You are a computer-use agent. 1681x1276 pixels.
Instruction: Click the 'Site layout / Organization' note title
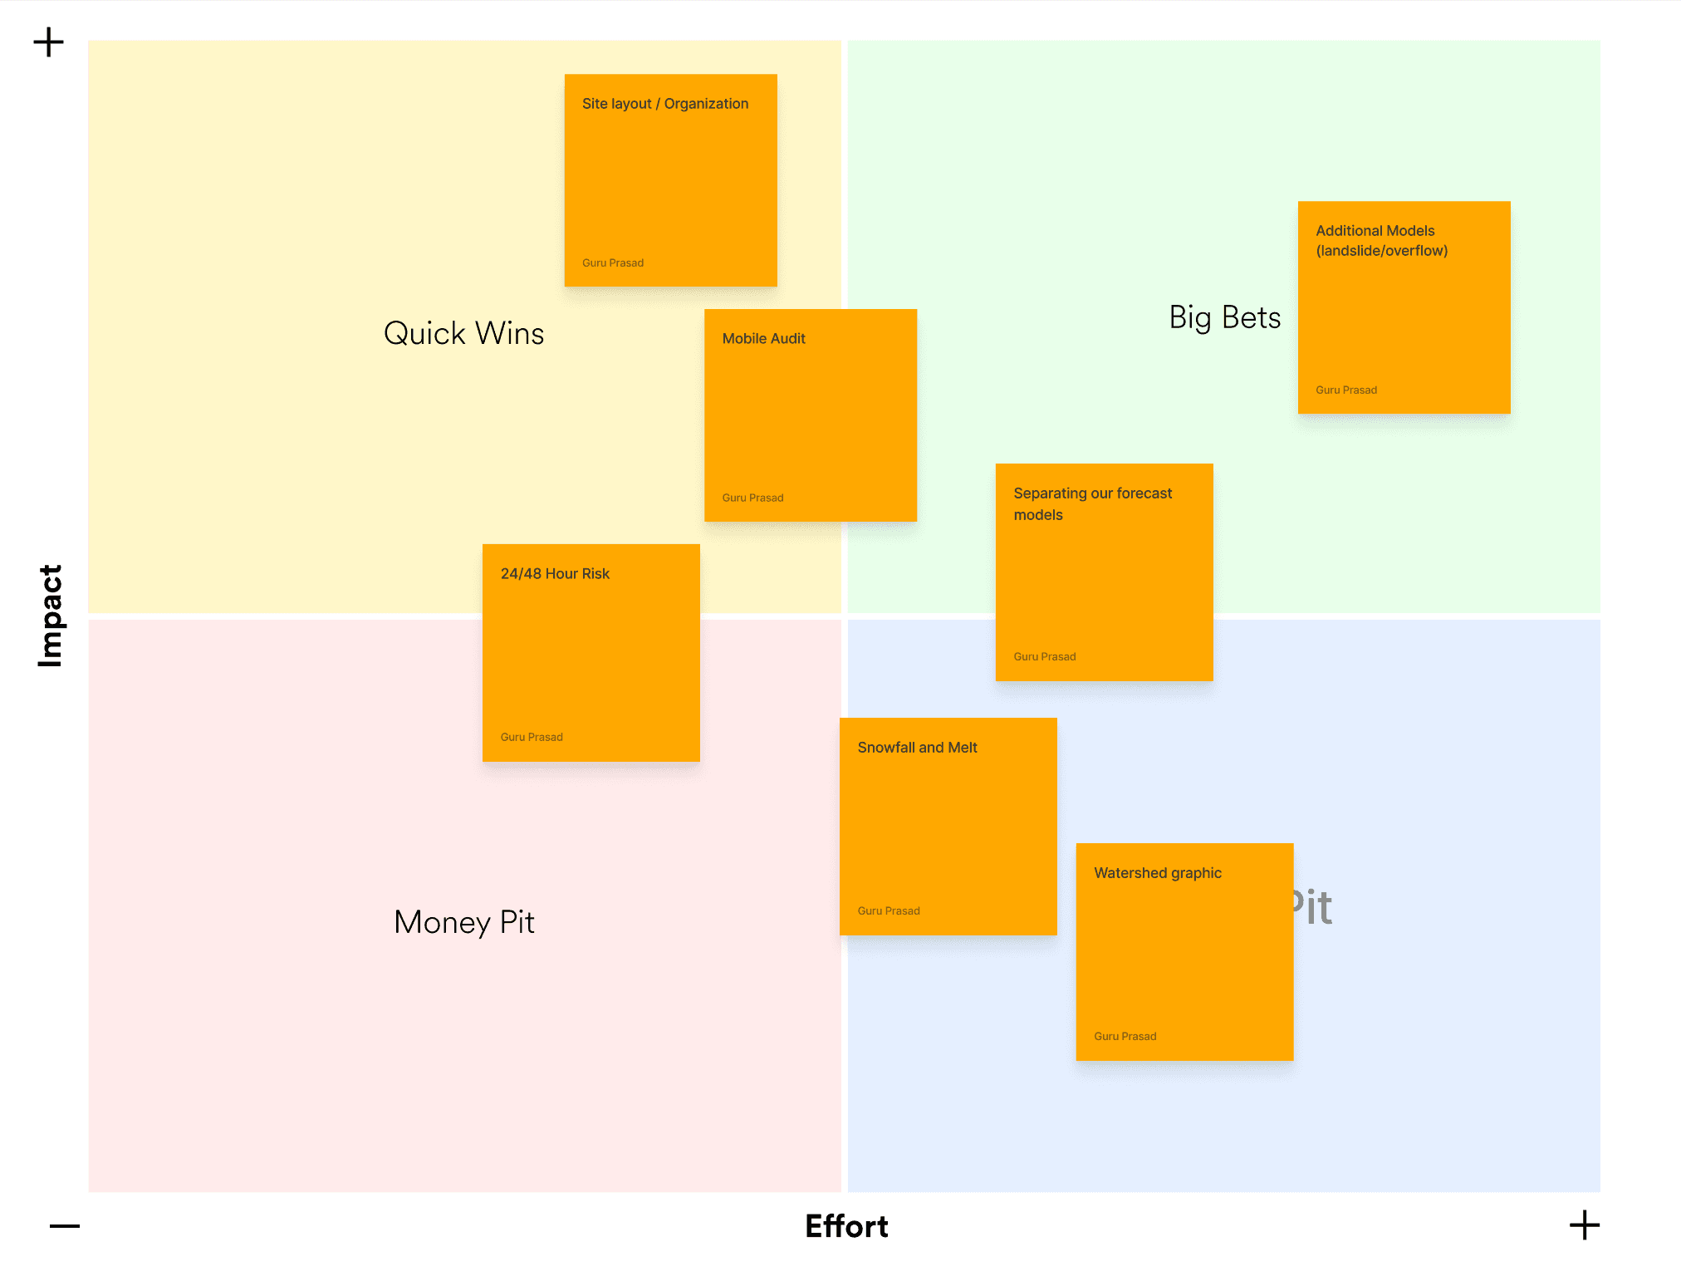pos(664,104)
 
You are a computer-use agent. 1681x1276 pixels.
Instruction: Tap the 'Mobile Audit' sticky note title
pos(763,339)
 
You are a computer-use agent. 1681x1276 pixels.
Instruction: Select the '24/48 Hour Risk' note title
pos(555,574)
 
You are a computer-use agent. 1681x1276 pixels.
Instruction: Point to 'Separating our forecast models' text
pos(1091,503)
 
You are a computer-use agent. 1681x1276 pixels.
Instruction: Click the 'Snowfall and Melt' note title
pos(917,748)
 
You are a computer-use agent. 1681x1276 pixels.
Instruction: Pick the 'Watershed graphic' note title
pos(1157,873)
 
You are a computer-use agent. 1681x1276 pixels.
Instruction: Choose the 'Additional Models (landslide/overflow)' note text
pos(1381,241)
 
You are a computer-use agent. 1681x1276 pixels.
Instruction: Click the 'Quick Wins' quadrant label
pos(463,334)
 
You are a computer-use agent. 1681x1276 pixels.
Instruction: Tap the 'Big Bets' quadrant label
pos(1224,318)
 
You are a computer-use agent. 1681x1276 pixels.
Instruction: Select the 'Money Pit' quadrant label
pos(463,922)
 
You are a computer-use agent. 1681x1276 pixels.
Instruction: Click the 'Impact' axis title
pos(51,616)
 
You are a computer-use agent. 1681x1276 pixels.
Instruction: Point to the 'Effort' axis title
pos(846,1226)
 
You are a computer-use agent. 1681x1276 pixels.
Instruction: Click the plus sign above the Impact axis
pos(49,42)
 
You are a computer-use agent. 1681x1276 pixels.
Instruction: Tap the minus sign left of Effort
pos(65,1226)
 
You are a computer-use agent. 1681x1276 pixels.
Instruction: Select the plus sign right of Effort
pos(1584,1225)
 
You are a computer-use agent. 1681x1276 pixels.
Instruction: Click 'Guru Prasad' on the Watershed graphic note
pos(1125,1037)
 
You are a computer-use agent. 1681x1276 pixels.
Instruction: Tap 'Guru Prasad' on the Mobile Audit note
pos(752,498)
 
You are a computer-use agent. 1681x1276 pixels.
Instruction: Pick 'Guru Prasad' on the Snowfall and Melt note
pos(888,911)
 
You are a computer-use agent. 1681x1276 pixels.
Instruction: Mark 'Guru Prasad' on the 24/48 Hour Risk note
pos(532,738)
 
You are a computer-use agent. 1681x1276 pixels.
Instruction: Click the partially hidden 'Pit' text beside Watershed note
pos(1313,907)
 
